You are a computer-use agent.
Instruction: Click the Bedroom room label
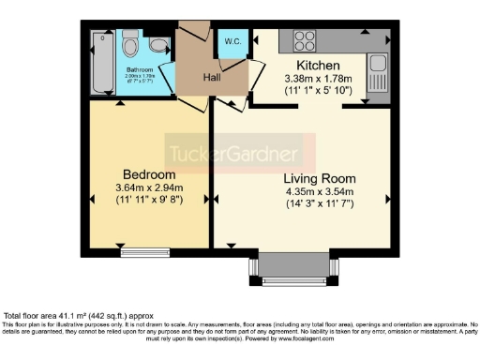point(149,175)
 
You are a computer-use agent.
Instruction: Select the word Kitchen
point(317,65)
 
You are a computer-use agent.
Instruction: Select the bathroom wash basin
point(159,44)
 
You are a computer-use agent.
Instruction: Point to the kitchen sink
point(377,65)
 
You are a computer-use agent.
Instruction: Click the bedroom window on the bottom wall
point(144,250)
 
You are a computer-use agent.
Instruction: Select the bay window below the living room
point(291,269)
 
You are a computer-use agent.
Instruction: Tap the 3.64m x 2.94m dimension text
point(149,188)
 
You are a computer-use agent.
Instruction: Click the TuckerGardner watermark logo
point(232,153)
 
